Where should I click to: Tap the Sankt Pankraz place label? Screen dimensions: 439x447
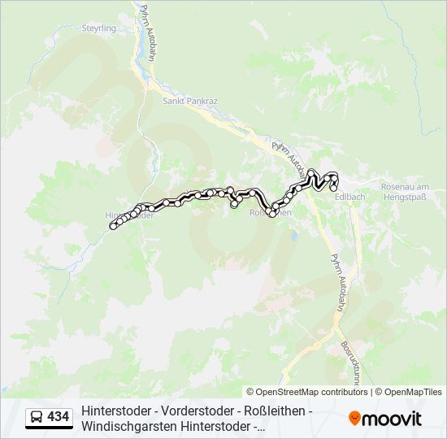(189, 102)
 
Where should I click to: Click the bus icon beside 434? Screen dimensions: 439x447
(37, 418)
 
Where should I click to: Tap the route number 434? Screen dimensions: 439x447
(59, 417)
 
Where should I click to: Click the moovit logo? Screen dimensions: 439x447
(385, 419)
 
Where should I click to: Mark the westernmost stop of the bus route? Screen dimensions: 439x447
(112, 227)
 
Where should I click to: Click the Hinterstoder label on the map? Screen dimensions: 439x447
(130, 215)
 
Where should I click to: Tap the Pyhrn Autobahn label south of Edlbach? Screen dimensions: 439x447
(336, 280)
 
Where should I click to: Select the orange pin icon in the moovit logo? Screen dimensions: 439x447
(354, 419)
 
